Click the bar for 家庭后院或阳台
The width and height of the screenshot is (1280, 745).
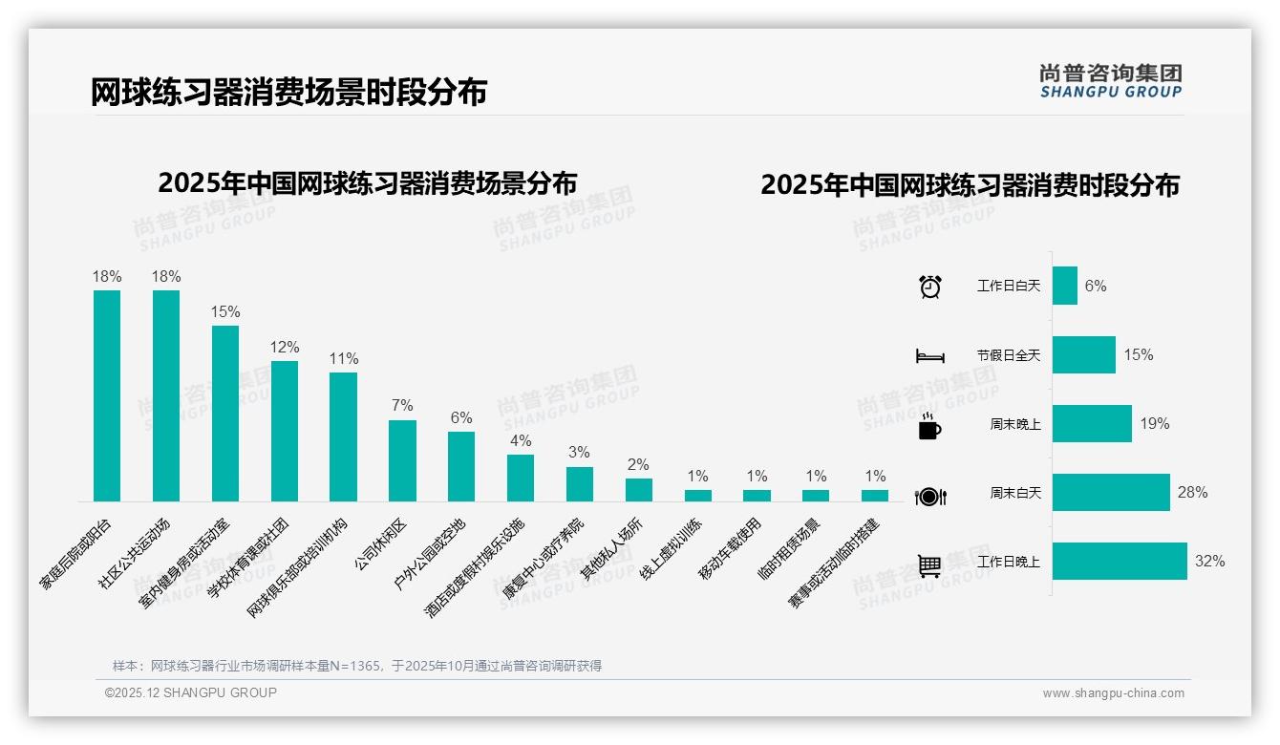pos(107,395)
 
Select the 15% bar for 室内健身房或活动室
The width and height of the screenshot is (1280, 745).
pos(225,413)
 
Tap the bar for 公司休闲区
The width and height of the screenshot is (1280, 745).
pos(402,460)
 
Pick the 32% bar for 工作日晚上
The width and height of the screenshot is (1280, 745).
pos(1120,562)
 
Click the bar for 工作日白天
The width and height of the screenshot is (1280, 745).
pos(1065,286)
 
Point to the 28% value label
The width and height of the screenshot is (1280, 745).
pos(1192,493)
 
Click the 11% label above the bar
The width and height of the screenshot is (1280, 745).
pos(344,359)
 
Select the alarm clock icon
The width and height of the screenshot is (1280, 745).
pos(930,287)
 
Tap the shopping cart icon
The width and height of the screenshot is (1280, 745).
pos(929,565)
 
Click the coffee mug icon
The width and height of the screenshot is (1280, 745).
pos(929,426)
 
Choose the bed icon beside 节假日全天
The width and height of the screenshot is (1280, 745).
pos(929,356)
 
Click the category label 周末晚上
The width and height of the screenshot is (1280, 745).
pos(1014,424)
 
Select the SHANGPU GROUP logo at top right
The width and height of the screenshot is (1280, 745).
pos(1110,80)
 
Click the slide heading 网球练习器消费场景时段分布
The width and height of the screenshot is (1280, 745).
pos(288,92)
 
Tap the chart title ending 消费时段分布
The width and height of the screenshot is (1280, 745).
pos(970,184)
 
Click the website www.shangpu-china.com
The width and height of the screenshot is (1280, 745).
pos(1113,693)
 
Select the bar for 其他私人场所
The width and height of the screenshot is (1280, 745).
pos(639,490)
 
